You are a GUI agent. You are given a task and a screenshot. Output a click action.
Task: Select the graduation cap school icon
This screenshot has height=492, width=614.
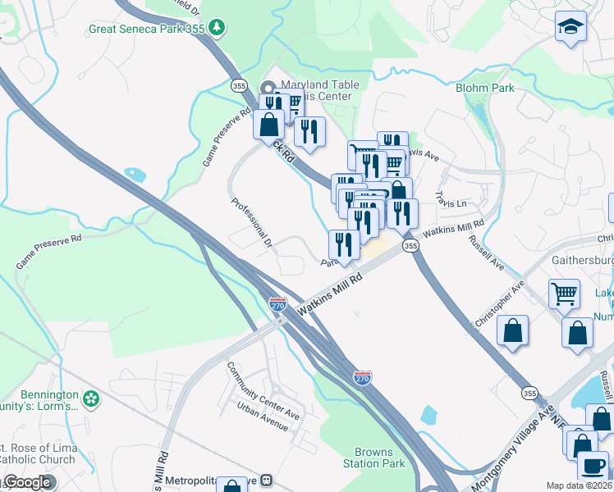tap(570, 28)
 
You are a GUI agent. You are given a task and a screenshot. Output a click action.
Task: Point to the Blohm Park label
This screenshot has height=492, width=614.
tap(484, 87)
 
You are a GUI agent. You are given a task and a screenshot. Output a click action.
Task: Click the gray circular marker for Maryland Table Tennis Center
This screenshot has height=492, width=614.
tap(268, 88)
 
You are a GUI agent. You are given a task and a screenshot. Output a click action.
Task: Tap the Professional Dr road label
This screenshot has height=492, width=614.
tap(250, 222)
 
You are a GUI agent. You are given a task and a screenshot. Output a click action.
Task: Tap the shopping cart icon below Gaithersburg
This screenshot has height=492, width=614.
tap(564, 293)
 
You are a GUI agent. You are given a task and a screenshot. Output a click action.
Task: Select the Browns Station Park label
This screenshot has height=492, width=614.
tap(379, 458)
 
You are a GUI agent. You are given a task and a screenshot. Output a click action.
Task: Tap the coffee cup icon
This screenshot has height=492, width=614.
tap(592, 466)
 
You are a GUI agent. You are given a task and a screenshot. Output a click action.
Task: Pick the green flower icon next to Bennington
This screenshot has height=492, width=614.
tap(91, 399)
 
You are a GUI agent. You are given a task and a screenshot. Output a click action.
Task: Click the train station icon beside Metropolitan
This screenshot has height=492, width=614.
tap(265, 480)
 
